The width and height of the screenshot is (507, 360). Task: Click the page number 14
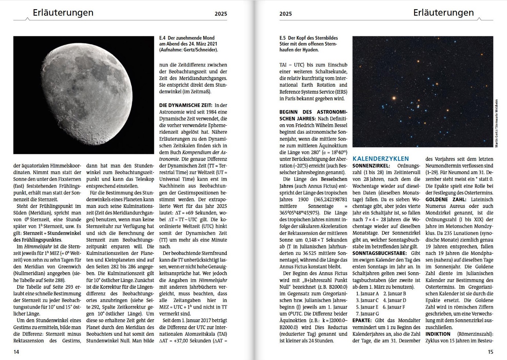click(x=16, y=352)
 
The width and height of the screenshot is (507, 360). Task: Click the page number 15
click(x=490, y=352)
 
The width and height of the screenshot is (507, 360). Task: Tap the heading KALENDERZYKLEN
click(x=381, y=159)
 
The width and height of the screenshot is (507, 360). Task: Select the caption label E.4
click(x=162, y=38)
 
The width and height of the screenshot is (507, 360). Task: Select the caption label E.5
click(x=283, y=38)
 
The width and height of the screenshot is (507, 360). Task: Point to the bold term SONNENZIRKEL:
click(x=371, y=166)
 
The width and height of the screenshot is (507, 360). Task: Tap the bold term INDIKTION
click(x=438, y=334)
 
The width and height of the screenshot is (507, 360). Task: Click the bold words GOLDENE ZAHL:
click(x=446, y=199)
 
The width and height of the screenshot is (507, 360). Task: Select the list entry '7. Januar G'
click(x=367, y=314)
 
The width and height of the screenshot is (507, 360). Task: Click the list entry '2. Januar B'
click(x=395, y=294)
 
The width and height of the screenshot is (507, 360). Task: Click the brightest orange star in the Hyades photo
click(x=394, y=98)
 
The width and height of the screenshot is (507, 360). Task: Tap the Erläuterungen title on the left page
click(x=63, y=12)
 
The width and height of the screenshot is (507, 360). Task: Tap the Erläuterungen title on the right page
click(x=443, y=12)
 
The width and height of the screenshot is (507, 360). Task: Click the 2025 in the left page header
click(x=221, y=14)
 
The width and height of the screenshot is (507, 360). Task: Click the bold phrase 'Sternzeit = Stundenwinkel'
click(x=52, y=233)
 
